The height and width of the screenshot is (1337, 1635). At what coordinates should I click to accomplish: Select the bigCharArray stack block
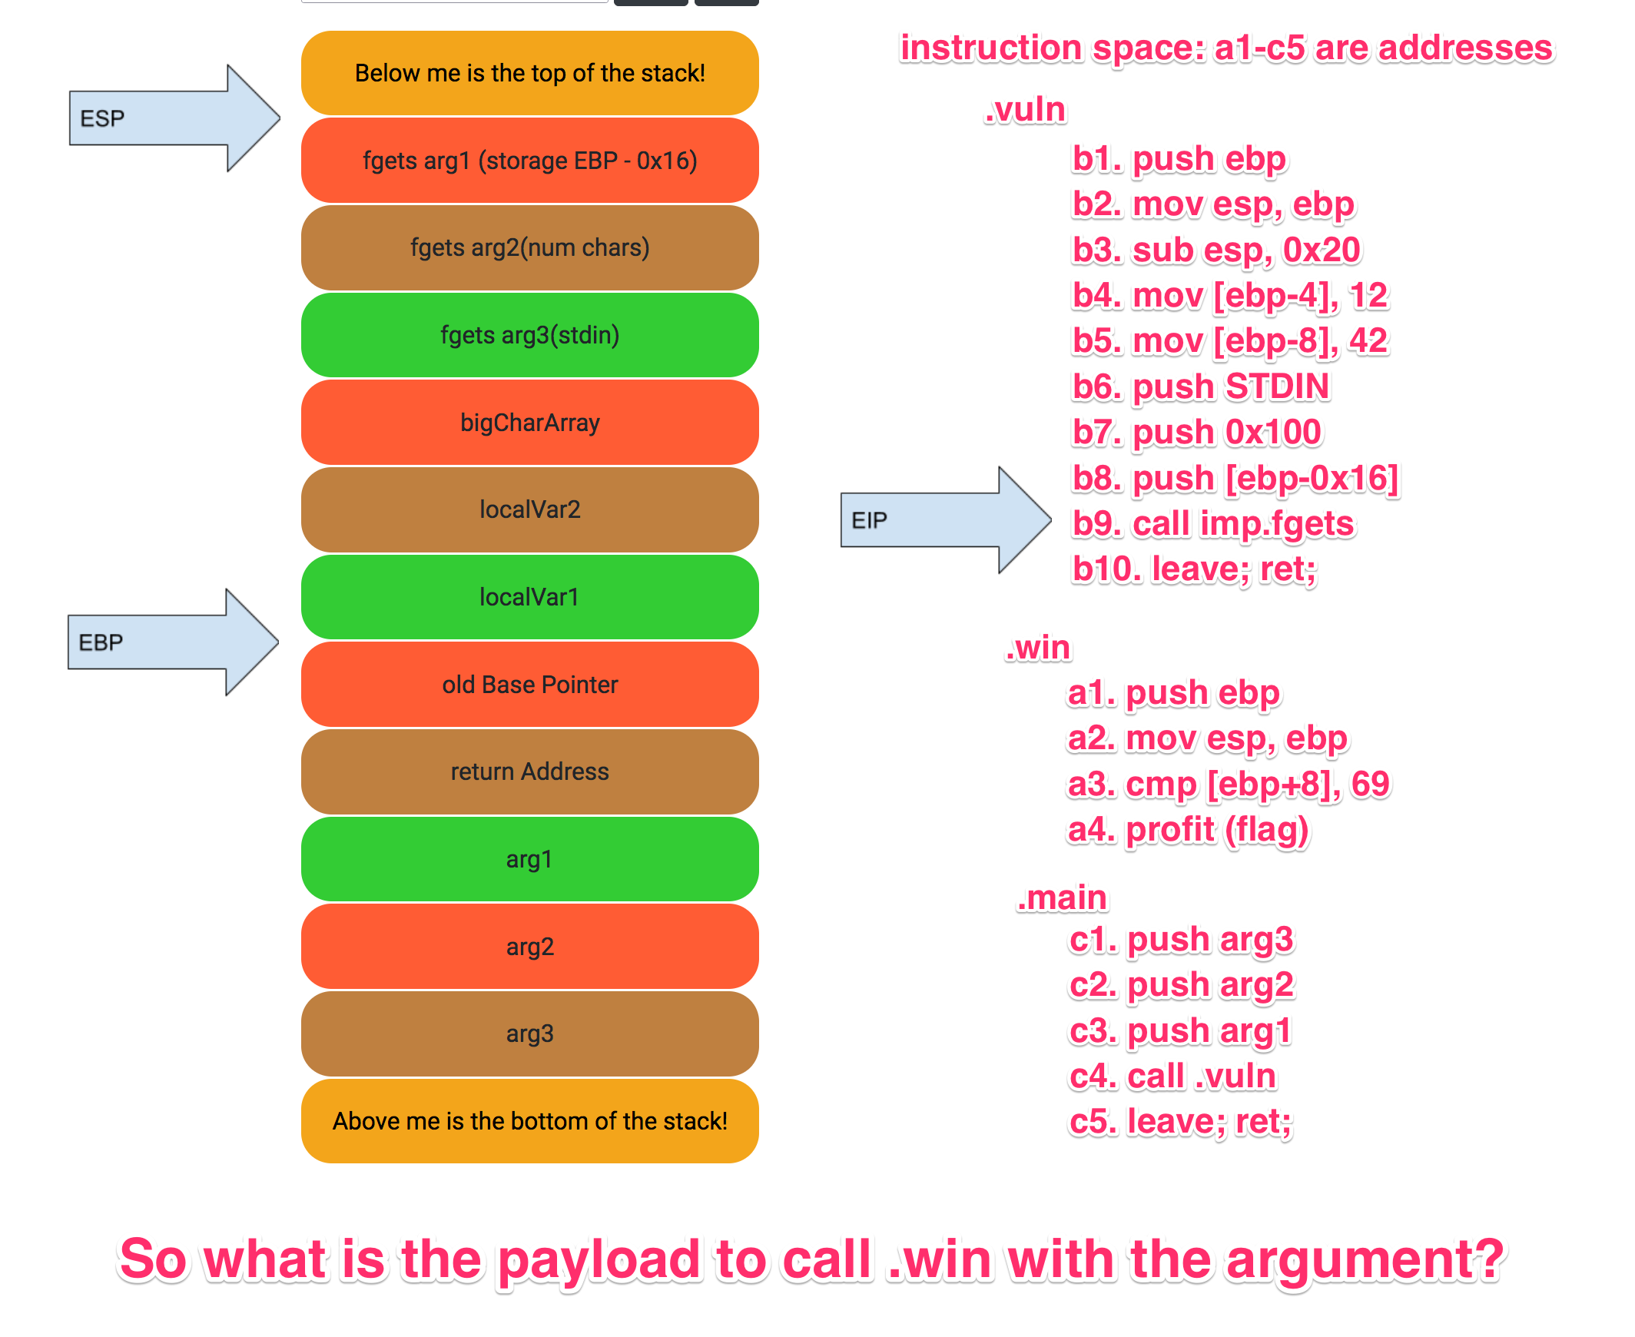point(530,422)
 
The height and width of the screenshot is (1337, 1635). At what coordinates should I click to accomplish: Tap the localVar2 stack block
point(530,509)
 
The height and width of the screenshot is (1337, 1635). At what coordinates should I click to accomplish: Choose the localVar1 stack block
point(530,597)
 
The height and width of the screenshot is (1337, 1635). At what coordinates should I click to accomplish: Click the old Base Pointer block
point(530,684)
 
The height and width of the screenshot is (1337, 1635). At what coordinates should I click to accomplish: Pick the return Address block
point(530,771)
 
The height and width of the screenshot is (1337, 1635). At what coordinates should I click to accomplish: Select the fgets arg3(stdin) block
point(530,335)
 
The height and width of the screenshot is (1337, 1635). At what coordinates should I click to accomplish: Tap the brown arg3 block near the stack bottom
point(530,1033)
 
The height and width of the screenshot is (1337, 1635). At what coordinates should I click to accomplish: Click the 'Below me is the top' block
point(530,73)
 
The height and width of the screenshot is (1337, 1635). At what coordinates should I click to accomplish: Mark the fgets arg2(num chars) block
point(530,247)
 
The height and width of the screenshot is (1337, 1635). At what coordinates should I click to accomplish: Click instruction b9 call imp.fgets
point(1213,524)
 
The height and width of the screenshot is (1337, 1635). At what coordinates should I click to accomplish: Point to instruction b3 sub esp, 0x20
point(1216,250)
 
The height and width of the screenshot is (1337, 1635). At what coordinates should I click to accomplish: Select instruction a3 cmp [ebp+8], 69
point(1229,784)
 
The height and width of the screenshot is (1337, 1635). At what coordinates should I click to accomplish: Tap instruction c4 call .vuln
point(1172,1076)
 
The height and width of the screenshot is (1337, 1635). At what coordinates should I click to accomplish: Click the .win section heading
point(1037,648)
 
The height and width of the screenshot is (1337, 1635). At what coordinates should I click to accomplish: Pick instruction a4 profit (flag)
point(1188,829)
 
